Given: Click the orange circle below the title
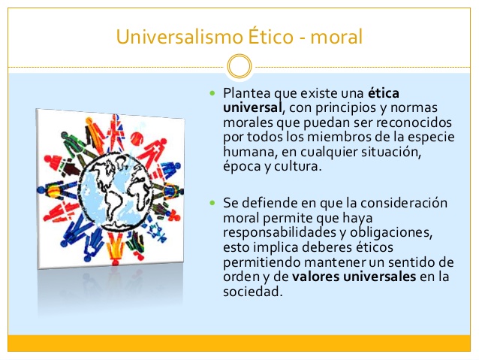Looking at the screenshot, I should [239, 66].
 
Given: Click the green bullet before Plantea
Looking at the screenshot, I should [212, 94].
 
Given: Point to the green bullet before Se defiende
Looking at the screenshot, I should [212, 203].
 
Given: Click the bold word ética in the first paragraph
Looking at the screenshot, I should [384, 93].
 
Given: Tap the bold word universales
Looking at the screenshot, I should [378, 277].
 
